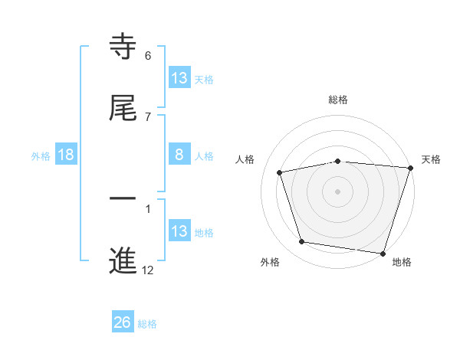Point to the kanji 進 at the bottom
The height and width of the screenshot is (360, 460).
[123, 261]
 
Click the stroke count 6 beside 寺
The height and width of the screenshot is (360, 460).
[148, 55]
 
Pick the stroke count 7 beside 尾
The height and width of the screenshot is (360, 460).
[148, 116]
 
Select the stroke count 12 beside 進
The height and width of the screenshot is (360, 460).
[148, 270]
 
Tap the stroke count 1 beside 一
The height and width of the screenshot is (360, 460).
[148, 208]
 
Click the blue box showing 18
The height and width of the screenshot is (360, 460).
[66, 155]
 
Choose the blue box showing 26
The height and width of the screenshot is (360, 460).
[123, 322]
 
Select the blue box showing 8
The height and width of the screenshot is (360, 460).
[179, 155]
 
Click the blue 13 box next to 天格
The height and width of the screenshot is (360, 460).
[179, 77]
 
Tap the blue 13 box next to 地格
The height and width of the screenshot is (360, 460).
[179, 231]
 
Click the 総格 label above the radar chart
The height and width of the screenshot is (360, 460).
[338, 100]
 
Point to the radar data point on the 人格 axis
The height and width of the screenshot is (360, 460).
[280, 172]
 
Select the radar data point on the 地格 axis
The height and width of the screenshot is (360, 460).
[383, 253]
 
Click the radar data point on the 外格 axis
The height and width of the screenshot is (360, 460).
[302, 242]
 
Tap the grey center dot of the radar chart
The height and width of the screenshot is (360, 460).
[338, 191]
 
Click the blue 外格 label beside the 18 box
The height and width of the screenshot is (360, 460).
[41, 155]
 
